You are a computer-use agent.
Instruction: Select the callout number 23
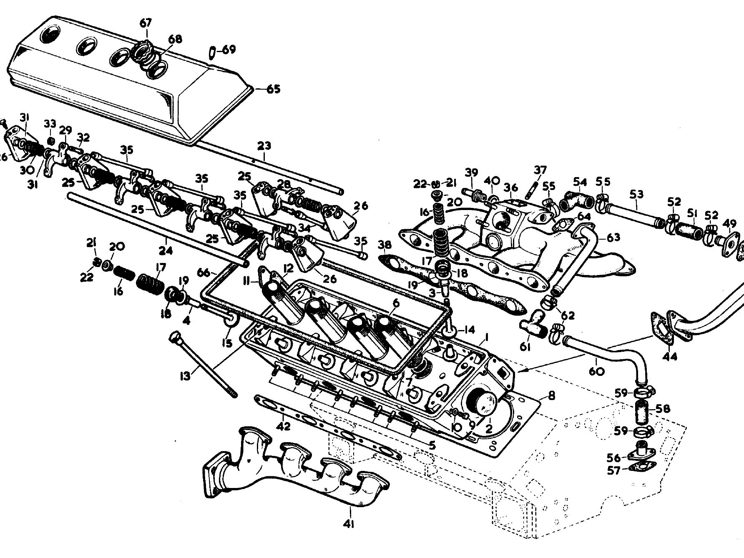[264, 145]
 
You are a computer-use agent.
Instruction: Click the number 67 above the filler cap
[146, 23]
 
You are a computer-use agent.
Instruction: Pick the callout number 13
[185, 376]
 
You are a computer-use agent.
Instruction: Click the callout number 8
[551, 395]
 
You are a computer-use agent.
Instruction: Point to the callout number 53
[636, 194]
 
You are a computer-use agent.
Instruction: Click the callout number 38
[385, 245]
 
